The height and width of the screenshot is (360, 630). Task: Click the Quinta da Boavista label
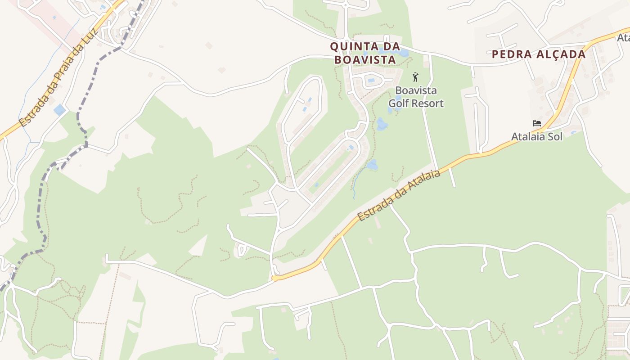coord(365,53)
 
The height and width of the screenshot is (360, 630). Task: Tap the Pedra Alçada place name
coord(538,54)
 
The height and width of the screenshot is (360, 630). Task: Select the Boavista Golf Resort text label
coord(416,97)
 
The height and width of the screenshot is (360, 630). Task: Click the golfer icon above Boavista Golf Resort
coord(415,77)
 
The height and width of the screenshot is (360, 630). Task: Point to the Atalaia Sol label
coord(536,136)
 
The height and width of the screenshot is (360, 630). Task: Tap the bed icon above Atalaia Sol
coord(536,123)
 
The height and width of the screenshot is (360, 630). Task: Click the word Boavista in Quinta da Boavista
coord(365,59)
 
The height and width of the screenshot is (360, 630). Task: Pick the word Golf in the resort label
coord(398,103)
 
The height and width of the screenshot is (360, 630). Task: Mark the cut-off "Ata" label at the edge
coord(624,36)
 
